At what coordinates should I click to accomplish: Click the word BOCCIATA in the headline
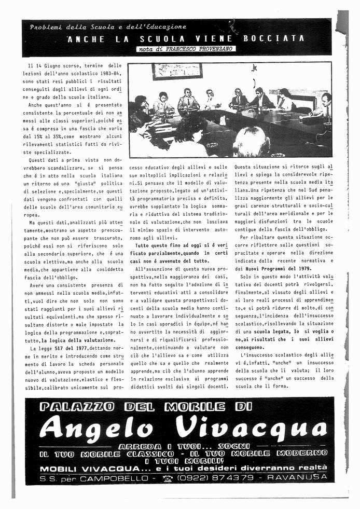280,39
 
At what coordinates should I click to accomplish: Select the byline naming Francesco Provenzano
185,49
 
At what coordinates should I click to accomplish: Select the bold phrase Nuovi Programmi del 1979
285,268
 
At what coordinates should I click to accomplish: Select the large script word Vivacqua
251,428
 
